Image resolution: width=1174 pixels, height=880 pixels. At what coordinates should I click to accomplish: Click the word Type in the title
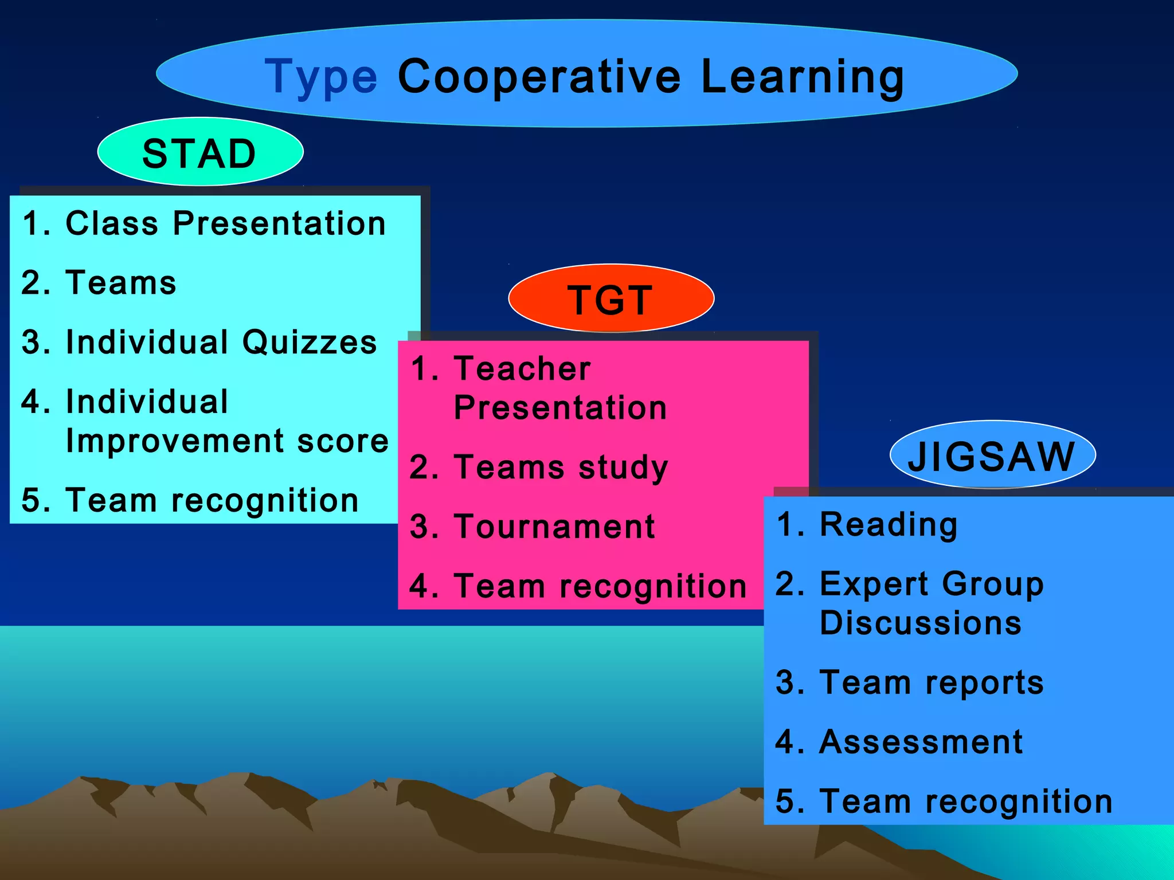pyautogui.click(x=321, y=77)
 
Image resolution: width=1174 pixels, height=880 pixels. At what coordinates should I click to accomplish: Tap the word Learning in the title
pyautogui.click(x=803, y=77)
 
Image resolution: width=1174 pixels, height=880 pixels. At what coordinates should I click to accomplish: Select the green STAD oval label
pyautogui.click(x=199, y=152)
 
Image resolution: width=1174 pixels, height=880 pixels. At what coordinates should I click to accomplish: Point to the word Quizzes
pyautogui.click(x=310, y=343)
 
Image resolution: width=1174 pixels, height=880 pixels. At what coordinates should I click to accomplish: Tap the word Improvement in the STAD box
pyautogui.click(x=175, y=441)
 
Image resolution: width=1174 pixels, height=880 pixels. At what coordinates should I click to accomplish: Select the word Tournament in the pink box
pyautogui.click(x=554, y=527)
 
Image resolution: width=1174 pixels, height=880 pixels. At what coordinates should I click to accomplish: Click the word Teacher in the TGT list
pyautogui.click(x=522, y=368)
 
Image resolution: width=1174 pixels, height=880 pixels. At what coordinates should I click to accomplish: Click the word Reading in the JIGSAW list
pyautogui.click(x=889, y=525)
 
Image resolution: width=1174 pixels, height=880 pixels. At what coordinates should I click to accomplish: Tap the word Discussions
pyautogui.click(x=921, y=623)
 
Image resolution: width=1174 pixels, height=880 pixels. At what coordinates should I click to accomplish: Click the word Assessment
pyautogui.click(x=921, y=742)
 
